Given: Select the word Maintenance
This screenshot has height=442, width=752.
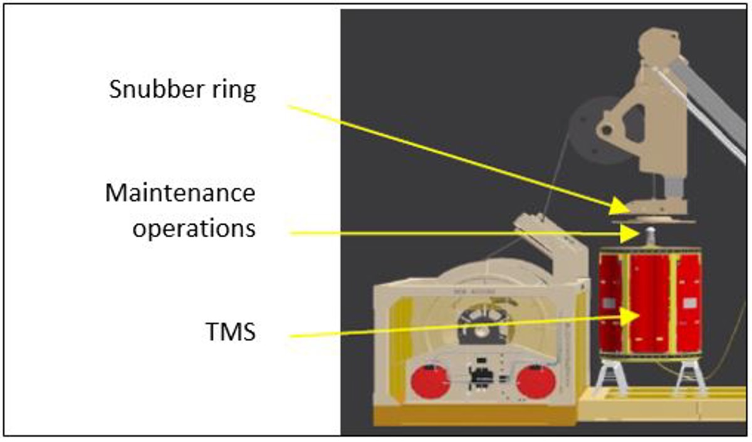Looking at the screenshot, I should (180, 192).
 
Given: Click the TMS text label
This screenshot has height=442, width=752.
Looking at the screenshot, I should (230, 331).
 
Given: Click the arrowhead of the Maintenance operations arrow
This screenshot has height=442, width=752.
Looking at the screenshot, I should (634, 234).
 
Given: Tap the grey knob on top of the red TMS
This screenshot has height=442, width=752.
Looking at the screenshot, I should (650, 237).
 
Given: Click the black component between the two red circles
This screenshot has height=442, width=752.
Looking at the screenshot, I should (481, 378).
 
